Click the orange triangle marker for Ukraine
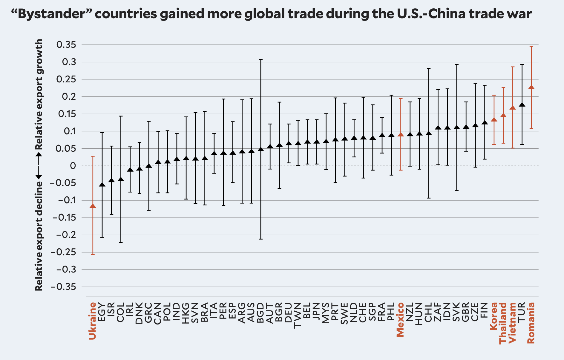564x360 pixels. click(x=93, y=206)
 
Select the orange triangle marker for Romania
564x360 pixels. click(x=531, y=87)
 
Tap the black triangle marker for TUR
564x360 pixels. click(x=522, y=105)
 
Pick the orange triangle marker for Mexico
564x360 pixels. click(x=401, y=135)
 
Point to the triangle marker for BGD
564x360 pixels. click(x=261, y=149)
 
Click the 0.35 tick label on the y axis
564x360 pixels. click(x=66, y=45)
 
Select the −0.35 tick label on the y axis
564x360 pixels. click(x=63, y=287)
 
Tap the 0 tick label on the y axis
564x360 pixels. click(x=73, y=166)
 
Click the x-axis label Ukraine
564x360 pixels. click(x=93, y=321)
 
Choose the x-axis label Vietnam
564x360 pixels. click(x=513, y=322)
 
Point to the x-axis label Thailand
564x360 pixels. click(x=503, y=323)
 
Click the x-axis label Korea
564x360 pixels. click(x=494, y=316)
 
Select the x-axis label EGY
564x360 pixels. click(x=102, y=312)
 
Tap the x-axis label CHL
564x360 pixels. click(x=429, y=313)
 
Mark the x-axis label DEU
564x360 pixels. click(x=289, y=313)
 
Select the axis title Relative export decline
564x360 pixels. click(x=39, y=236)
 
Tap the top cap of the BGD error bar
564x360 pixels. click(x=261, y=60)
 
